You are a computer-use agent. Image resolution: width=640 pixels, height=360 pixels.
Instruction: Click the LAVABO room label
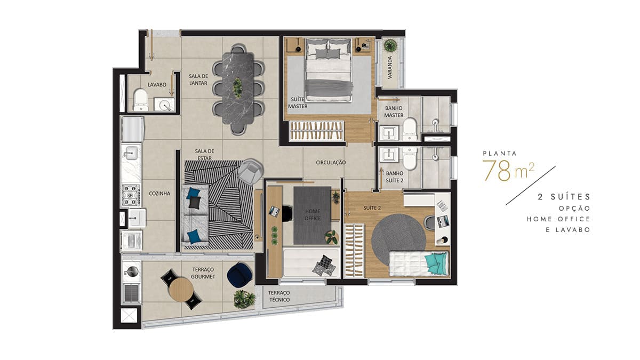tap(157, 85)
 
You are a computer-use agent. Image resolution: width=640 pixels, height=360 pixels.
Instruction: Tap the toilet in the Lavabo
tap(141, 100)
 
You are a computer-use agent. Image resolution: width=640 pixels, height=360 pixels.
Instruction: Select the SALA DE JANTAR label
tap(198, 79)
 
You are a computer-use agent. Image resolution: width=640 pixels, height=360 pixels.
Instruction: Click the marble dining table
tap(238, 88)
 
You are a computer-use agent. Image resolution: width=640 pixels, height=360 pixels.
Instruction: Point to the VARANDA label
tap(390, 67)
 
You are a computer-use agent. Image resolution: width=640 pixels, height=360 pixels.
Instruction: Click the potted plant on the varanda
tap(390, 46)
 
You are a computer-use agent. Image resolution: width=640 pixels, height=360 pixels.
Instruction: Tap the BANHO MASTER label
tap(394, 111)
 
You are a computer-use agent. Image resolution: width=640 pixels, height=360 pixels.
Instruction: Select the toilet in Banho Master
tap(410, 129)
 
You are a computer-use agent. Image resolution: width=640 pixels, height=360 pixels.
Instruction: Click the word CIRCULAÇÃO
tap(331, 163)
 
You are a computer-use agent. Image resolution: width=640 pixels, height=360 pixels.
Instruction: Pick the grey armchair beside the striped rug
tap(250, 171)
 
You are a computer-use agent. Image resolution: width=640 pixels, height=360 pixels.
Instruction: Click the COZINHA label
tap(159, 194)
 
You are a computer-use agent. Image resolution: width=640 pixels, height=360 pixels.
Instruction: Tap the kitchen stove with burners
tap(131, 195)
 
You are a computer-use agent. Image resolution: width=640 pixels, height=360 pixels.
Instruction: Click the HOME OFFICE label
tap(313, 214)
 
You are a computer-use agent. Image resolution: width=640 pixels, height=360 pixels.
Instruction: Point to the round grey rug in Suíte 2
tap(398, 238)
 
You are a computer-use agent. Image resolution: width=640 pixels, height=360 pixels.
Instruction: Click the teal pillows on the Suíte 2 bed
tap(435, 263)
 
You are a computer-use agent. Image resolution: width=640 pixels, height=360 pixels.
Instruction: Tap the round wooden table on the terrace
tap(181, 290)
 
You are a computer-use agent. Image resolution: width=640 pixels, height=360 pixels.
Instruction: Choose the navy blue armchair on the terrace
tap(239, 275)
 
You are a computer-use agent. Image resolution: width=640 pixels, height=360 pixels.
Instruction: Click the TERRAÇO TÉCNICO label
tap(279, 297)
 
